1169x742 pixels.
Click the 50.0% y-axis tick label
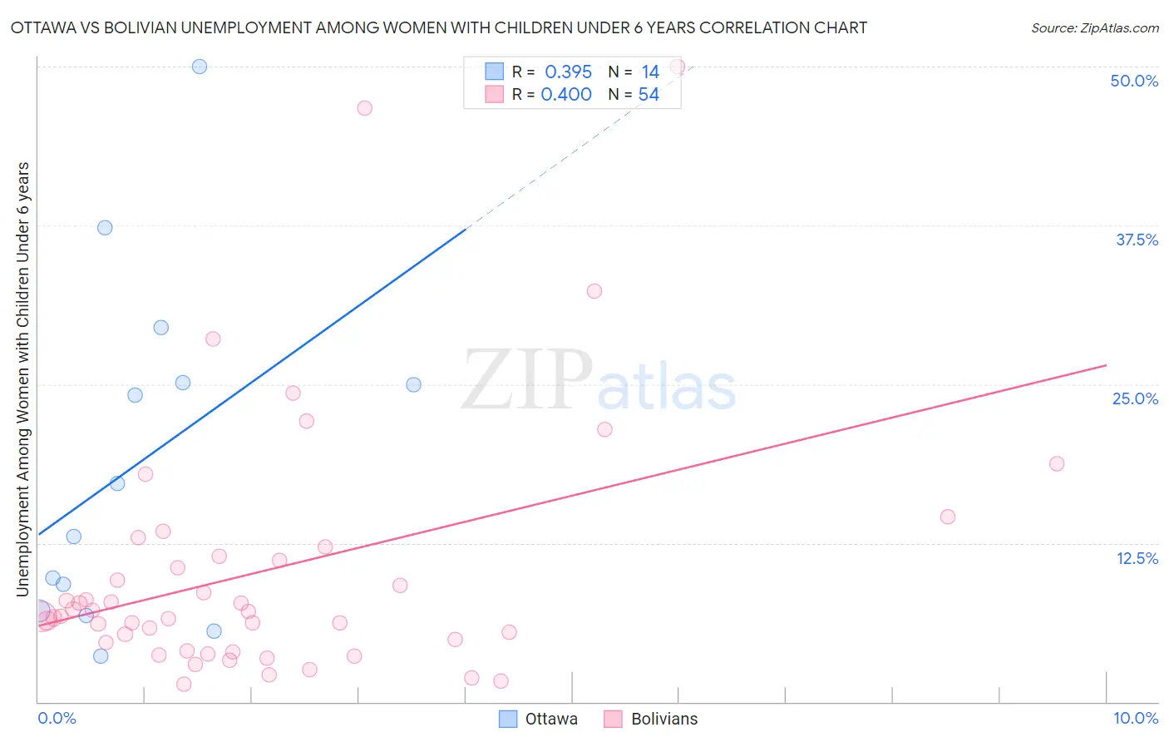click(1134, 81)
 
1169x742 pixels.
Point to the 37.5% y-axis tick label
click(1137, 240)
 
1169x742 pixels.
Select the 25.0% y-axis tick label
click(1135, 398)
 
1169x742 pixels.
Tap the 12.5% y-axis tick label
click(1137, 558)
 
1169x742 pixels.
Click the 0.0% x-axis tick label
click(57, 718)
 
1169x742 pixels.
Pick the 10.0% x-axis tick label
click(1135, 718)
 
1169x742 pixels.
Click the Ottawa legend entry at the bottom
click(538, 719)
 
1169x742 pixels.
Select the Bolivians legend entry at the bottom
click(651, 719)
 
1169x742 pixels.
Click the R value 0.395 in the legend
click(568, 72)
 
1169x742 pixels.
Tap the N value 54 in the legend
click(649, 95)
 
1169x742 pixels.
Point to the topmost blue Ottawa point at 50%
click(200, 67)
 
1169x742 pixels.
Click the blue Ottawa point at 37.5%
click(105, 227)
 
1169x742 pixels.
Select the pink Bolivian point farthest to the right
click(1057, 463)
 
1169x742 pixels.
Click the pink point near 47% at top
click(364, 108)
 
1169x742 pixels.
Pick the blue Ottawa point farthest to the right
click(413, 384)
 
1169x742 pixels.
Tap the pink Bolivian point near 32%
click(594, 291)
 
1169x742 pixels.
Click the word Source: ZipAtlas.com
click(1094, 28)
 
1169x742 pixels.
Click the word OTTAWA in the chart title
click(40, 28)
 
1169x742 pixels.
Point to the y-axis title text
click(23, 378)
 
